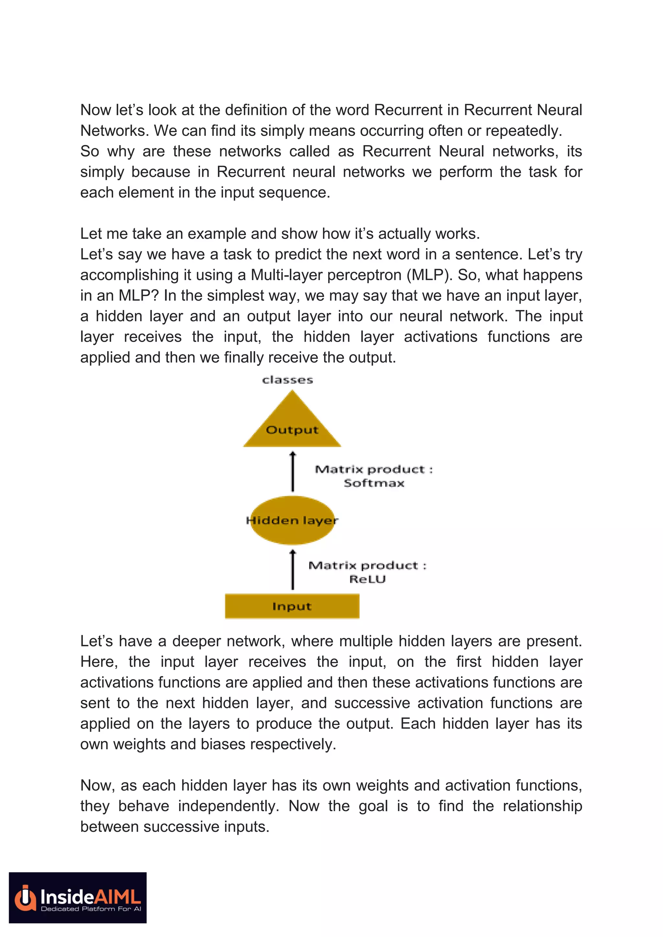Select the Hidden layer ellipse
(x=292, y=520)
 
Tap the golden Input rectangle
(x=292, y=606)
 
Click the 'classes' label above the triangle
(x=287, y=380)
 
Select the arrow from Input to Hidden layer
(x=292, y=570)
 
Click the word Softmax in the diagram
(x=374, y=483)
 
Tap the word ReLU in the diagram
(x=367, y=579)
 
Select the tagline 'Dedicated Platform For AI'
(x=91, y=909)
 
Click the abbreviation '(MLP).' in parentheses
(x=430, y=275)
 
